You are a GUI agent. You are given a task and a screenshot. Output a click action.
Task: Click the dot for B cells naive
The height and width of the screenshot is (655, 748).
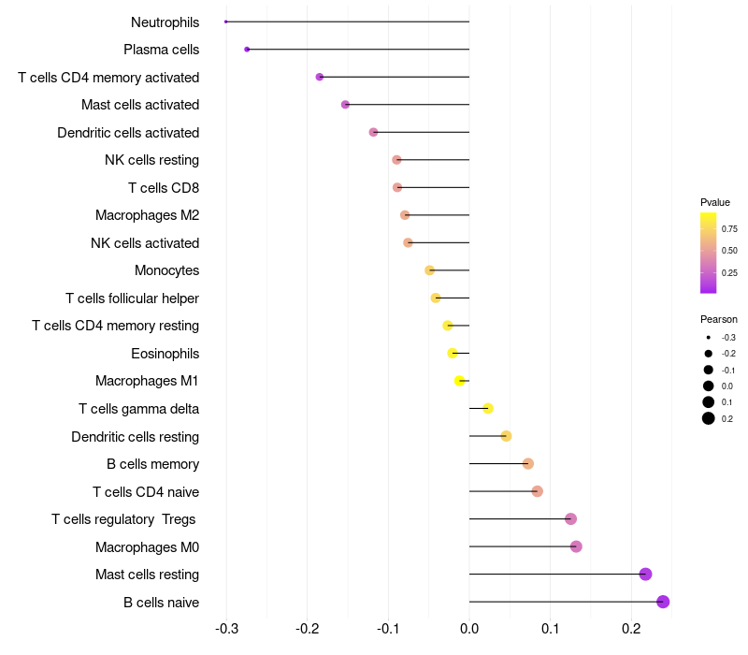(663, 602)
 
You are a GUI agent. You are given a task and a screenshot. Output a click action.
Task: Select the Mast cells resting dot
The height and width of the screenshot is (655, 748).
(645, 575)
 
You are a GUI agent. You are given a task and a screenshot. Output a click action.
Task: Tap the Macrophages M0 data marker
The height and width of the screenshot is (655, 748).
(576, 546)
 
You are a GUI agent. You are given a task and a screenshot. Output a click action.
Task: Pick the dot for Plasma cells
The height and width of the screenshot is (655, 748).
(247, 49)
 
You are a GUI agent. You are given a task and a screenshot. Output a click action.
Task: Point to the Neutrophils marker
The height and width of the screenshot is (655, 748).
(226, 22)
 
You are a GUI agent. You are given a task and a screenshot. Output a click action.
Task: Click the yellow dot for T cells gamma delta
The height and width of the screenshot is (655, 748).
(488, 408)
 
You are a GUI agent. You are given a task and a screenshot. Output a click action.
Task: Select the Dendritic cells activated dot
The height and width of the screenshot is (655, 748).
(374, 132)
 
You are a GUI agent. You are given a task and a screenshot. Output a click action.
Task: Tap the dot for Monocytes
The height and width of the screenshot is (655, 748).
(430, 270)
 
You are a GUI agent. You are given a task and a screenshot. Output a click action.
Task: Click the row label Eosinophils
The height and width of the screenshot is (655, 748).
(165, 354)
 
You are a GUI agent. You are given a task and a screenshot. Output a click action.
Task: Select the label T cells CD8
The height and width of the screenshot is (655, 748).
(164, 188)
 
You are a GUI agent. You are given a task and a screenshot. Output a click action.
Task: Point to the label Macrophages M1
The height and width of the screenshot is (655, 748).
(147, 381)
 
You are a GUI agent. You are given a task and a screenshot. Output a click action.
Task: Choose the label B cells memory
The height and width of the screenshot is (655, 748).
(152, 464)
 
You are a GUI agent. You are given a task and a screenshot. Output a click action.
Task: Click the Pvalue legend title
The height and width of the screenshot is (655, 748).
(715, 202)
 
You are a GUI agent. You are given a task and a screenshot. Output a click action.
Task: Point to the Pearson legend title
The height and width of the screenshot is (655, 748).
(718, 319)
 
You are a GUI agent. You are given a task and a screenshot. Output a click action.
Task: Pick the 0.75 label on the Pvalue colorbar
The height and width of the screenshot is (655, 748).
(729, 228)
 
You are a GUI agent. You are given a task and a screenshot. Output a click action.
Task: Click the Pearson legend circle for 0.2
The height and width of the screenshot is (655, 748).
(709, 418)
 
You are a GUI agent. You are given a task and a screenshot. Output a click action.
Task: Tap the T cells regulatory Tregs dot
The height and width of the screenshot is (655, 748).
(571, 519)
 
